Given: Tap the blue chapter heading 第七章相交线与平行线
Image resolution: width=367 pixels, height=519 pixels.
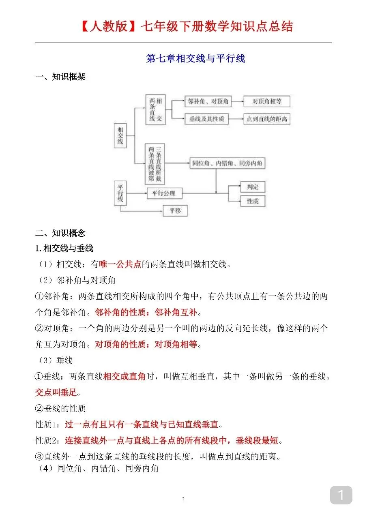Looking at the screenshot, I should [195, 58].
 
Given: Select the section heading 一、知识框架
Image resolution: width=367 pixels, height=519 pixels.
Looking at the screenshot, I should [60, 77].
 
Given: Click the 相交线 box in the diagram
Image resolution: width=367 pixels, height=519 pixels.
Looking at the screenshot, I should [120, 135].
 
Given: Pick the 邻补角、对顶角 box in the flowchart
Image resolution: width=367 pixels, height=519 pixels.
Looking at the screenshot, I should [207, 101].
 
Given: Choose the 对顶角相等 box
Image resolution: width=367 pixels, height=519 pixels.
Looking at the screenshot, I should [266, 101].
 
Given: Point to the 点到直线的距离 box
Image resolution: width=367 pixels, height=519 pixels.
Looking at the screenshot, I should [266, 119].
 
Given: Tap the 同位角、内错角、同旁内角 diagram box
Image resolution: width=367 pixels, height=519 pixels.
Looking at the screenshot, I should [227, 163].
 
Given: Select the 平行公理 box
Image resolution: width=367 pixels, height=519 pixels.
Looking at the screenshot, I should [164, 193].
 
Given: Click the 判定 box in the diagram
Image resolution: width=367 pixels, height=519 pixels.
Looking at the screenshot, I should [253, 187].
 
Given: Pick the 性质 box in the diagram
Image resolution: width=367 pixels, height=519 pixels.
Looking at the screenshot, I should [253, 201].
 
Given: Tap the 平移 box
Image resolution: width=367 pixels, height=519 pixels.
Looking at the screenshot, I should [175, 210].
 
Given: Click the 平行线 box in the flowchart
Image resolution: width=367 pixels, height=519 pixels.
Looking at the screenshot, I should [120, 193].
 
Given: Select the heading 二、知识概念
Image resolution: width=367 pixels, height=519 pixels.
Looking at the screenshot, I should [60, 233].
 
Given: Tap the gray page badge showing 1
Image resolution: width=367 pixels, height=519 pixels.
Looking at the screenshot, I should [341, 495].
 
